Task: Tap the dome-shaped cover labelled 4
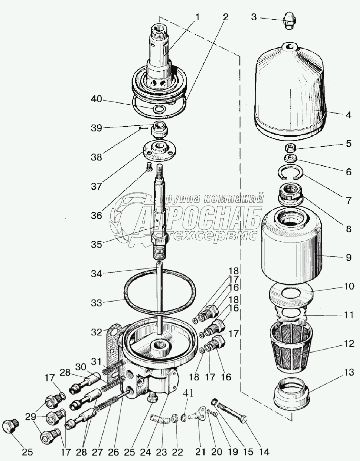pos(289,93)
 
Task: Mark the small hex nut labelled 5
pos(290,148)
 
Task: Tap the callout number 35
pos(96,244)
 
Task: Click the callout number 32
pos(96,332)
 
